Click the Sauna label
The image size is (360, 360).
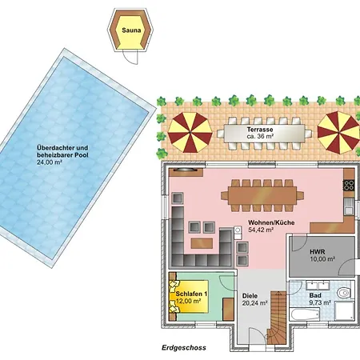pos(131,30)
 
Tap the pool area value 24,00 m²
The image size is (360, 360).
pos(50,162)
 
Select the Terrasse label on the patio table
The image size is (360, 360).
pos(260,130)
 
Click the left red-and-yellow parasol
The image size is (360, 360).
pos(190,132)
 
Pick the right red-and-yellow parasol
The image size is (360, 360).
pos(338,132)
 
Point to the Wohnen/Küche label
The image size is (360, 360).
pos(271,222)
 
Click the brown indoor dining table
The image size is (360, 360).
pos(262,195)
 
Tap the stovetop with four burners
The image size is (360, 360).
pos(349,185)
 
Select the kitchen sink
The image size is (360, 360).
pos(349,206)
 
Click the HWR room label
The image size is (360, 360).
pos(318,251)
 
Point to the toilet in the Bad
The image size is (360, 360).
pos(344,293)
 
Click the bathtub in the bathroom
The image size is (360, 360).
pos(305,314)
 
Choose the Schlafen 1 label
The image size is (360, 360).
pos(191,294)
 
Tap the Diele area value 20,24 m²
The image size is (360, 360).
pos(255,303)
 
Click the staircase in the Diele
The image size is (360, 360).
pos(278,318)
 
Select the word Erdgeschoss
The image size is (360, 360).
pos(184,348)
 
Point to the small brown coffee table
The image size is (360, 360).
pos(202,243)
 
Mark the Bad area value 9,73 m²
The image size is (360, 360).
pos(320,302)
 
